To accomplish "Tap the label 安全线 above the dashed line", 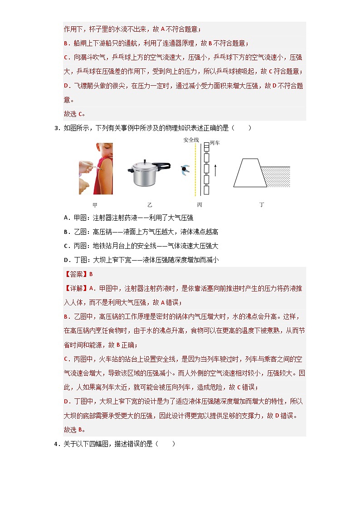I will [191, 140].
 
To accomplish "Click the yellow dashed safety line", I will [195, 168].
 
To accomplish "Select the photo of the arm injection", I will [96, 169].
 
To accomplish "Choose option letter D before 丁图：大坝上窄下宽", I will [67, 260].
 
